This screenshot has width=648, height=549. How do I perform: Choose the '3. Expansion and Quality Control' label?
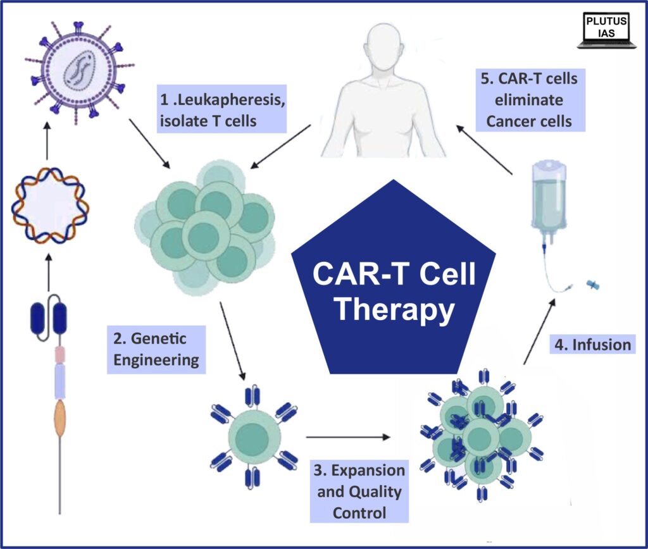click(358, 491)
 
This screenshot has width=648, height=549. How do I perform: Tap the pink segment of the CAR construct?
click(59, 352)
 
